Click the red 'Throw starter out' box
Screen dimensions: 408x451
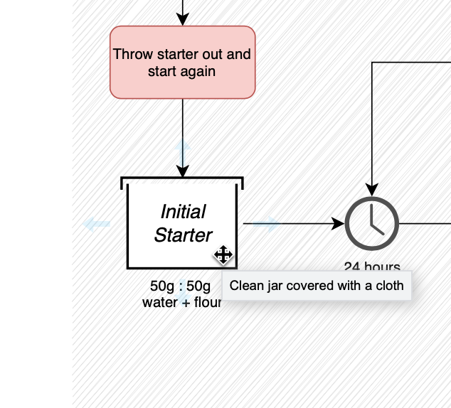click(x=182, y=62)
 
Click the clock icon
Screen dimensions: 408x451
click(x=371, y=223)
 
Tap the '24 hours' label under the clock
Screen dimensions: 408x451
click(x=371, y=268)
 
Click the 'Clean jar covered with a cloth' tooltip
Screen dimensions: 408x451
click(x=317, y=286)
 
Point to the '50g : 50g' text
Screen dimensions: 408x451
click(x=180, y=286)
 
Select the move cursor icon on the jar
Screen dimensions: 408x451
click(x=223, y=254)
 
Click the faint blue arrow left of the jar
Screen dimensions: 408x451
click(x=96, y=225)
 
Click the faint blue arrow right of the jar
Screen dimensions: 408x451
click(x=266, y=225)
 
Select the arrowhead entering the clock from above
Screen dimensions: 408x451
click(x=371, y=188)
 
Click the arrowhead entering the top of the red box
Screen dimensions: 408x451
click(x=183, y=20)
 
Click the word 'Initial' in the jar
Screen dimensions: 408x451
click(x=183, y=212)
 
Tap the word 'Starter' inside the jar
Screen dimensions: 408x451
click(x=183, y=235)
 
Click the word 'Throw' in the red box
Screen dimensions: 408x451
click(x=129, y=55)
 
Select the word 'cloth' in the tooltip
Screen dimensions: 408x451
click(x=390, y=286)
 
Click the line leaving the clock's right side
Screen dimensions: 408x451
click(x=425, y=223)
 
